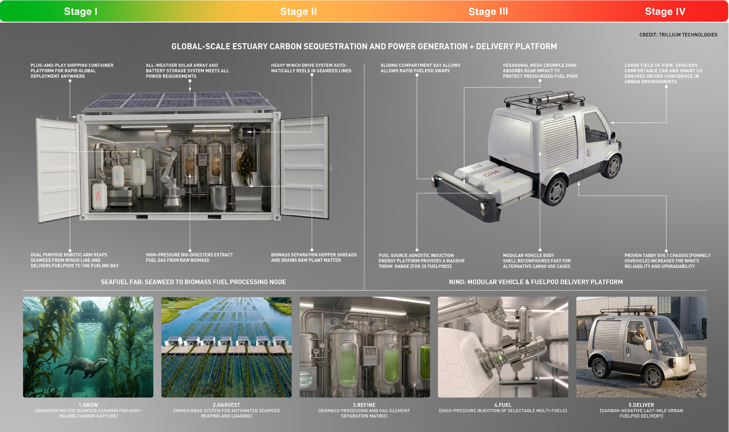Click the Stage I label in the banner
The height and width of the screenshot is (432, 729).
[80, 11]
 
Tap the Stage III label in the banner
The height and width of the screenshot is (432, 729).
[488, 11]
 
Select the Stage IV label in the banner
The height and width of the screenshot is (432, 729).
[665, 11]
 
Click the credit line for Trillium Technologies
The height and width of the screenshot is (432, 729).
[678, 35]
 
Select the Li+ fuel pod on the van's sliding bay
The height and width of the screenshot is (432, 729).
[510, 184]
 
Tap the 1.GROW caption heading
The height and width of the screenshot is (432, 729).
[88, 405]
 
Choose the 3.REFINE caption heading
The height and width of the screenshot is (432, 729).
[364, 405]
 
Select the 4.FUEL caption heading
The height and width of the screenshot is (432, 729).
[503, 405]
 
